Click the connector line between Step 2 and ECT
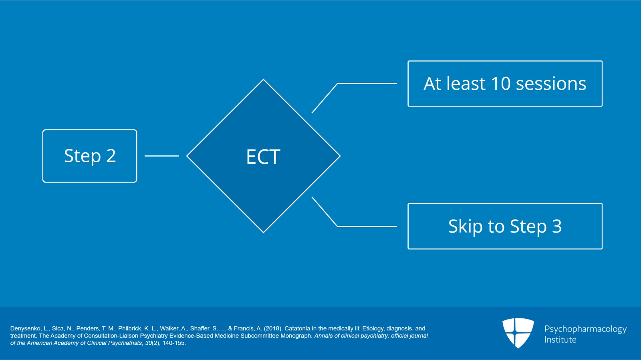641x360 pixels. point(162,156)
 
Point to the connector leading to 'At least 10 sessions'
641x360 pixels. point(338,84)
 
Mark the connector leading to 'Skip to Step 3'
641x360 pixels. point(338,226)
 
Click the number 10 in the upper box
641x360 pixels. point(500,84)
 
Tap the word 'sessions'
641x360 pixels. point(551,84)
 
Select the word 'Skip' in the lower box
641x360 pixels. point(465,227)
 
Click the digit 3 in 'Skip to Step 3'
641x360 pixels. point(557,226)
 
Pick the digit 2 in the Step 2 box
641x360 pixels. point(111,156)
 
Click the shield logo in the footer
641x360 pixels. point(518,333)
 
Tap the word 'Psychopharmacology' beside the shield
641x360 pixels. point(585,329)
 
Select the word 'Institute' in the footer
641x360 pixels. point(560,340)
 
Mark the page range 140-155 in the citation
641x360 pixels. point(173,343)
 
